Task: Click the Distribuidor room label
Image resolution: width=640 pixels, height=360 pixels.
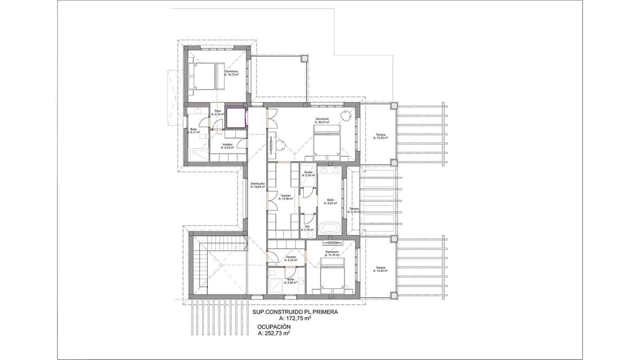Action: [x=258, y=185]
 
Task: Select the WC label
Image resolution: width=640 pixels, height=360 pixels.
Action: [x=308, y=228]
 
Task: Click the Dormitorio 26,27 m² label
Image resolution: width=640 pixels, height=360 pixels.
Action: [x=322, y=120]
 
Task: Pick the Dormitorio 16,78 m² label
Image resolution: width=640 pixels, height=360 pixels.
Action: [x=231, y=73]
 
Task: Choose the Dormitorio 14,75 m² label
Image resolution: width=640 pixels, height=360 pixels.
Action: [x=332, y=253]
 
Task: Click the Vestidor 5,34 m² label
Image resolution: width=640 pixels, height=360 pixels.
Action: [x=290, y=258]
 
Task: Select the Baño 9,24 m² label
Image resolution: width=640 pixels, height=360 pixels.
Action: [x=330, y=201]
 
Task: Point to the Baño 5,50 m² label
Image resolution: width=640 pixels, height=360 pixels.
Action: [x=290, y=280]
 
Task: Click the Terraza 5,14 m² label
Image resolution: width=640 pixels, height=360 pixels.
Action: [x=354, y=210]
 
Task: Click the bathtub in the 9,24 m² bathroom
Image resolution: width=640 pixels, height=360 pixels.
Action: [x=330, y=229]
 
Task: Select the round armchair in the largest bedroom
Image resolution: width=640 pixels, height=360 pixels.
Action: [x=346, y=115]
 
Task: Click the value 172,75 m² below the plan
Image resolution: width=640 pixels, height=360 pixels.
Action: [x=295, y=318]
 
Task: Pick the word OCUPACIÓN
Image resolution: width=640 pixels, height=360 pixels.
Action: [x=274, y=327]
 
